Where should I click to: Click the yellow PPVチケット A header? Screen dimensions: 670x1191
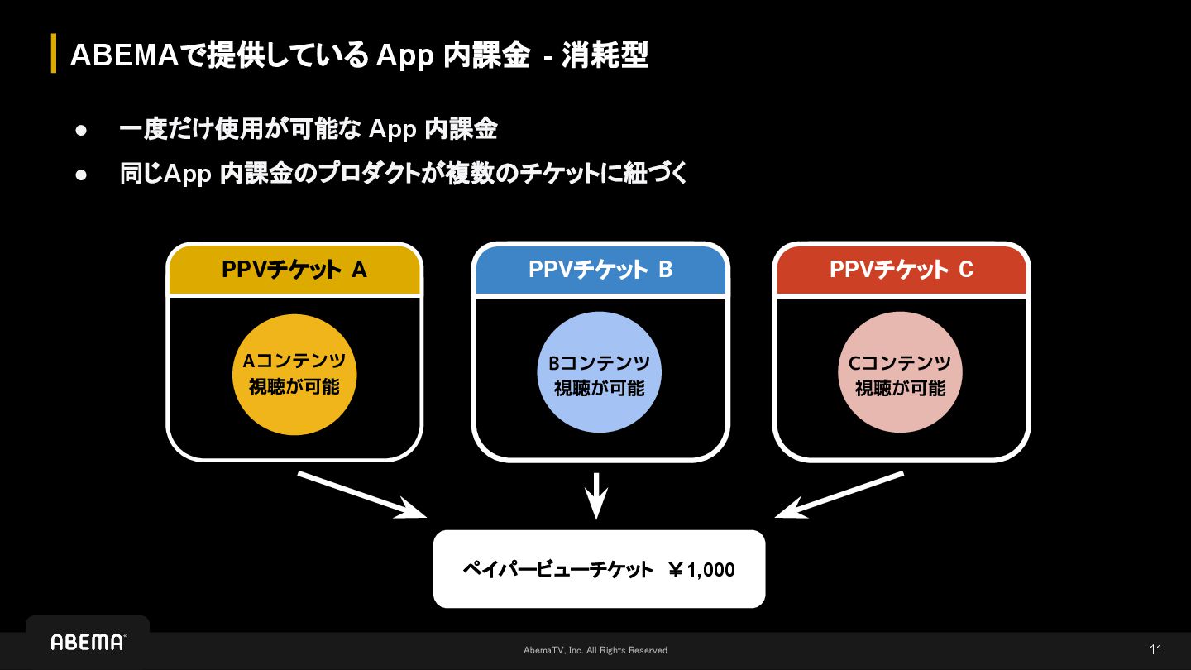click(x=294, y=270)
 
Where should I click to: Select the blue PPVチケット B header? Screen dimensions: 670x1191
click(x=600, y=270)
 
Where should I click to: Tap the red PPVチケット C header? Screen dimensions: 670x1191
click(x=902, y=270)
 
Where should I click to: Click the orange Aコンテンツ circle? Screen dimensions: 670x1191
click(x=294, y=374)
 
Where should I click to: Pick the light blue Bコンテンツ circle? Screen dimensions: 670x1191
click(x=600, y=374)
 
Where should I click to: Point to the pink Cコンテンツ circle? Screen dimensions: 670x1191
click(x=901, y=374)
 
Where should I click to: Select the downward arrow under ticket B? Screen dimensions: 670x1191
click(x=596, y=495)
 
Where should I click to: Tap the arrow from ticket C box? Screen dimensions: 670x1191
click(x=840, y=495)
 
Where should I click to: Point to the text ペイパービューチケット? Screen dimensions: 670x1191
click(x=557, y=570)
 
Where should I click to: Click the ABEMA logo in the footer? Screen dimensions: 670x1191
click(x=88, y=643)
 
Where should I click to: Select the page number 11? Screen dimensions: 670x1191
click(x=1155, y=649)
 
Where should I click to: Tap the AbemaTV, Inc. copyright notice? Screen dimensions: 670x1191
click(x=595, y=650)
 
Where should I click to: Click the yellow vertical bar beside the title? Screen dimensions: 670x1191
click(x=54, y=54)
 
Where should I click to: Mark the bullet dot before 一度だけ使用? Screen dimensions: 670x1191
click(x=81, y=130)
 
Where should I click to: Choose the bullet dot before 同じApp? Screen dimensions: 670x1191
click(x=81, y=175)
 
